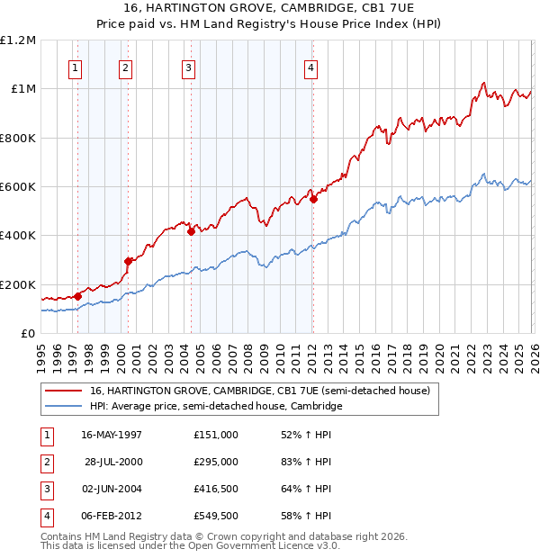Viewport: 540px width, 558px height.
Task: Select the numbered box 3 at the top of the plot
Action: coord(188,67)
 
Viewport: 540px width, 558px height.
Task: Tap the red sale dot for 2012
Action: coord(313,199)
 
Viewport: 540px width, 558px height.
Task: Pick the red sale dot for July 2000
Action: coord(129,261)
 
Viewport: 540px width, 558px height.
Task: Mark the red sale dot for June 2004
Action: coord(191,231)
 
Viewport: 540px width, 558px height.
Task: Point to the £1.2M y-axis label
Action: coord(18,40)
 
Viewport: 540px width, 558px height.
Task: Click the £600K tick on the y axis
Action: coord(18,187)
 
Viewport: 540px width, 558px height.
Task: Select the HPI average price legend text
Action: coord(216,406)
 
